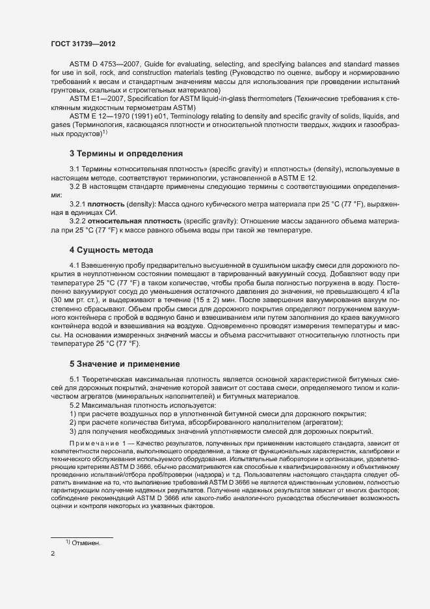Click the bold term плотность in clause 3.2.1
point(105,205)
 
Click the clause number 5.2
point(75,405)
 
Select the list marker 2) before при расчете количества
point(73,423)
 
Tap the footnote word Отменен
point(87,542)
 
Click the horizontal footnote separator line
point(82,537)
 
